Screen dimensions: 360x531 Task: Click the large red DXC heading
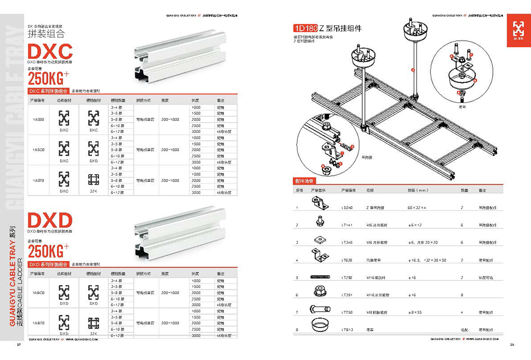50,55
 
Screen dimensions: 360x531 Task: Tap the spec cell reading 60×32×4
418,208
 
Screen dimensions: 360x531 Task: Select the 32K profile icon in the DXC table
94,178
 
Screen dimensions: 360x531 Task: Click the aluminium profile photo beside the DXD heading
170,233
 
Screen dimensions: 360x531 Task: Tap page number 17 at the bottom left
19,346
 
